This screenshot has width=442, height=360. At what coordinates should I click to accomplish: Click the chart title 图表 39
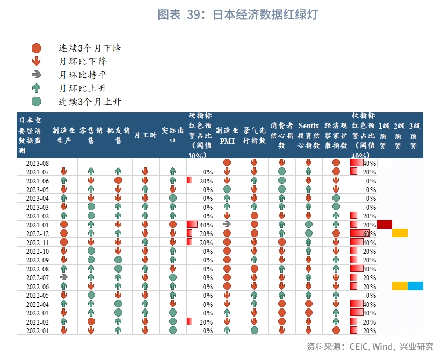(x=237, y=14)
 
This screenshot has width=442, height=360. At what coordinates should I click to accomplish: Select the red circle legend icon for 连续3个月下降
(x=37, y=48)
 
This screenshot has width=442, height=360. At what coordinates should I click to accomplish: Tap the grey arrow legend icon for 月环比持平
(x=37, y=75)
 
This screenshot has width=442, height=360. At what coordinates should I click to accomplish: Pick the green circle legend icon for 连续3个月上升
(x=37, y=101)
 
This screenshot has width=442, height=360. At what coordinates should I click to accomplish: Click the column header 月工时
(x=145, y=135)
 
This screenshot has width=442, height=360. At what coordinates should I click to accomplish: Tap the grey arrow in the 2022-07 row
(x=64, y=277)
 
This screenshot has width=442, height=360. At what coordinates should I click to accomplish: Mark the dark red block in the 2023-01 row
(x=385, y=224)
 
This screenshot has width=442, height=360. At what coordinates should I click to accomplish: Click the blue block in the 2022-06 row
(x=415, y=286)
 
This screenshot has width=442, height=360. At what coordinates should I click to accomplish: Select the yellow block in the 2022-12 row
(x=400, y=233)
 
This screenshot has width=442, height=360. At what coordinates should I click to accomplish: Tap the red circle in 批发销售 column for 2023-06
(x=118, y=181)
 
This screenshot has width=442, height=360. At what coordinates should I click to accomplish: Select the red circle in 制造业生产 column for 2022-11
(x=64, y=242)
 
